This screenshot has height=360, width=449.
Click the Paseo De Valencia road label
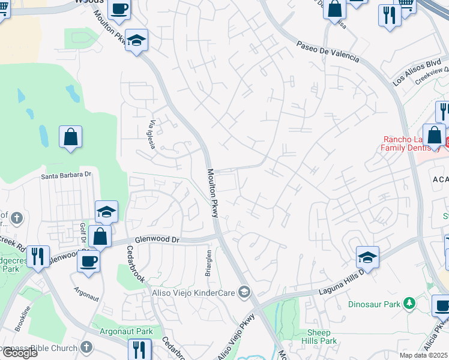pos(328,51)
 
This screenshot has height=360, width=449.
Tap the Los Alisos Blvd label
pos(416,71)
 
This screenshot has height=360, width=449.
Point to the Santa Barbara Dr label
pos(65,175)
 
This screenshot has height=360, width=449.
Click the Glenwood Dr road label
pos(157,239)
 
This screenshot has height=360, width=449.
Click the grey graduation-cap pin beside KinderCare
pos(244,292)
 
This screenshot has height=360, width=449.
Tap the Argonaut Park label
pos(127,331)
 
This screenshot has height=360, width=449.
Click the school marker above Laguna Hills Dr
pos(367,257)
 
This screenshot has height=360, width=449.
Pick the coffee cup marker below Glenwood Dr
pos(88,262)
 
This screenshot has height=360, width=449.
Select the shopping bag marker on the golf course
pos(70,136)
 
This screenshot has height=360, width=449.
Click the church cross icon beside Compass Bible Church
pos(86,347)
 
